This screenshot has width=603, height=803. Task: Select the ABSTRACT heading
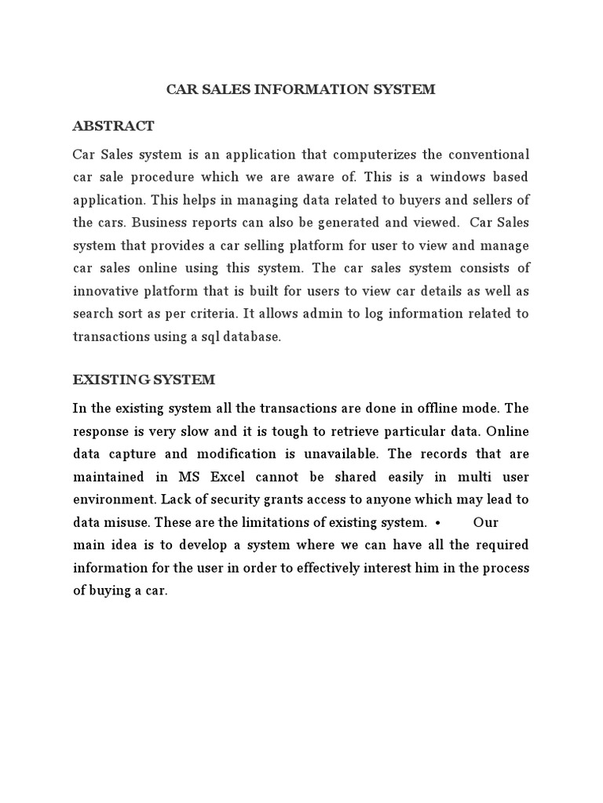[113, 126]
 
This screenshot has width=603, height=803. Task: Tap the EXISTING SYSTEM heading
[144, 380]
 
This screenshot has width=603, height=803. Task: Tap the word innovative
[107, 291]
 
